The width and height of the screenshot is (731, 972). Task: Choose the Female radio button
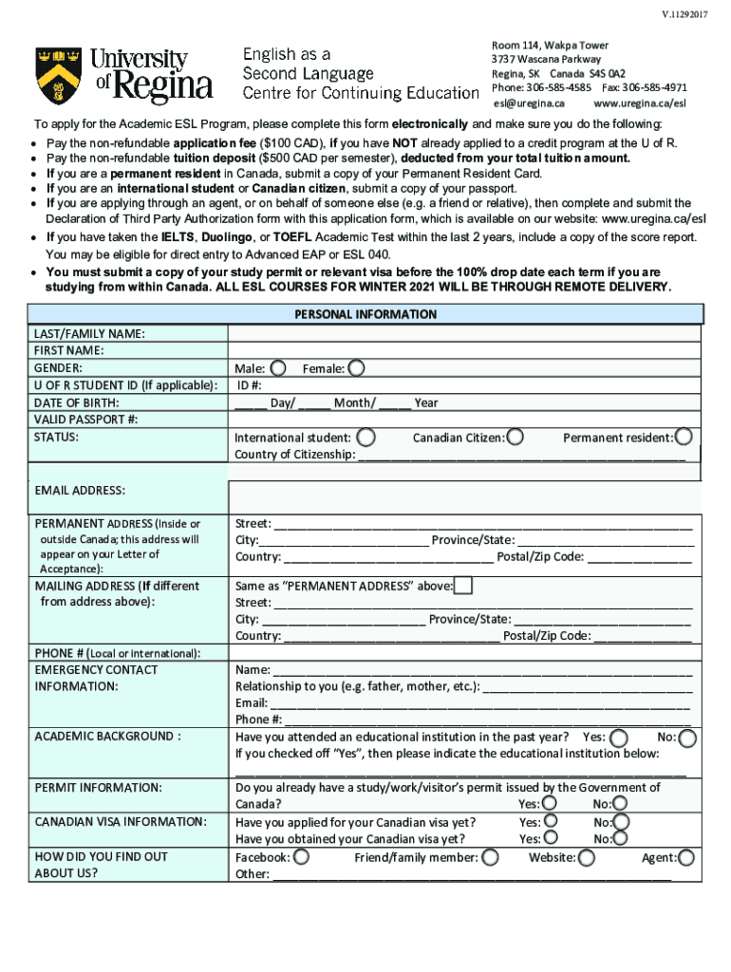[x=356, y=367]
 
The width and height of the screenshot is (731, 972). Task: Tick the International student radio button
[x=365, y=438]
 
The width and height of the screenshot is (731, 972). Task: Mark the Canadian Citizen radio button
[x=515, y=438]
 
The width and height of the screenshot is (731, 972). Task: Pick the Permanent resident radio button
[x=683, y=437]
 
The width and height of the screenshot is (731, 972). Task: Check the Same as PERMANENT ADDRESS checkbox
[x=463, y=585]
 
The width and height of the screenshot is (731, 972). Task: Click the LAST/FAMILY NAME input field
[x=464, y=333]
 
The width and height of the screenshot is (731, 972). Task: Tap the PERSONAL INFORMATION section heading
[x=365, y=314]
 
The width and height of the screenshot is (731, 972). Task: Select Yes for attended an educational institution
[x=619, y=738]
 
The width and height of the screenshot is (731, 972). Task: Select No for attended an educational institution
[x=687, y=738]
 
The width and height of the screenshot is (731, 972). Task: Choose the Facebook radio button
[x=301, y=857]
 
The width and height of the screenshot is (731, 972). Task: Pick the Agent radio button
[x=687, y=857]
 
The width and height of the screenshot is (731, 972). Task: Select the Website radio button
[x=587, y=857]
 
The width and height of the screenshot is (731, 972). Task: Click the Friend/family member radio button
[x=490, y=857]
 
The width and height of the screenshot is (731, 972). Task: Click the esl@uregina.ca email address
[x=529, y=103]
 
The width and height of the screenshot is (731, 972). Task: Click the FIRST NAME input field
[x=464, y=350]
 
